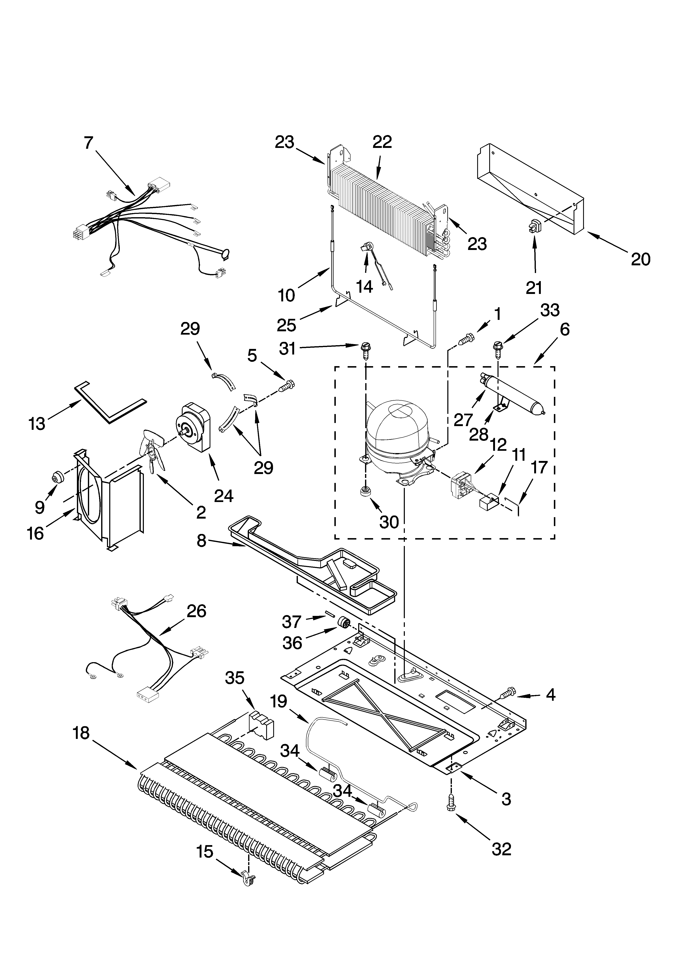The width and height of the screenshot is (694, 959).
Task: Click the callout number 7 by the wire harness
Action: [x=88, y=143]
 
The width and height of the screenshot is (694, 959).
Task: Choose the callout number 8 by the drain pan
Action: [x=201, y=540]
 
